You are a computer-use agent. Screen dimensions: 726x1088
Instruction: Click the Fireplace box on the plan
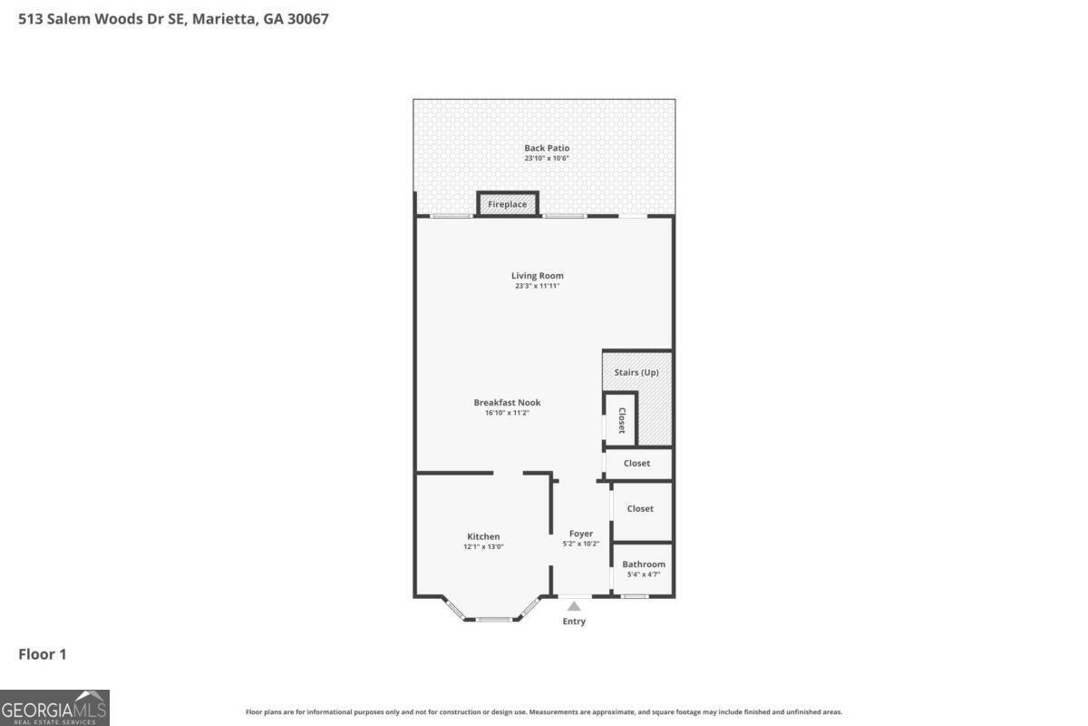[x=508, y=204]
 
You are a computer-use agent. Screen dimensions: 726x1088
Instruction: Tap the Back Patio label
[x=547, y=148]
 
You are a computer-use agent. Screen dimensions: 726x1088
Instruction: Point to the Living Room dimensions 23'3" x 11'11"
[x=538, y=286]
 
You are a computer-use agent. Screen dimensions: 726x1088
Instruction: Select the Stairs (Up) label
[x=636, y=373]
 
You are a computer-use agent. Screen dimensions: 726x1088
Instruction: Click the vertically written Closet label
[x=622, y=419]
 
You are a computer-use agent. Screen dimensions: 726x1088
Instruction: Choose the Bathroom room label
[x=643, y=564]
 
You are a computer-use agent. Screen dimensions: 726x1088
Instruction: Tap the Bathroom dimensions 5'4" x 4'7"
[x=641, y=574]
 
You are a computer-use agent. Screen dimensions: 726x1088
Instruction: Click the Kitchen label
[x=483, y=536]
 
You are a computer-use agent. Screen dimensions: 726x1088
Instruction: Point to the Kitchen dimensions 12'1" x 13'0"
[x=483, y=546]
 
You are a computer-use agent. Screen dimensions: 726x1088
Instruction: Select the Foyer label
[x=580, y=534]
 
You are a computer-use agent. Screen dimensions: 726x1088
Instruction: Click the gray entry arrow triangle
[x=574, y=606]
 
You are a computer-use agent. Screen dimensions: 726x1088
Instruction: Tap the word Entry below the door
[x=574, y=622]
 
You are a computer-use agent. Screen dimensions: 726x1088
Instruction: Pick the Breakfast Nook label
[x=507, y=402]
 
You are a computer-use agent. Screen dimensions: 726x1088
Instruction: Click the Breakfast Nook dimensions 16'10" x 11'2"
[x=507, y=413]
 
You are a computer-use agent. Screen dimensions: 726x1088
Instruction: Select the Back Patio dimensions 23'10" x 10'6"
[x=547, y=158]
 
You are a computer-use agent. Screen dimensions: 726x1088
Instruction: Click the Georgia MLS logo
[x=54, y=707]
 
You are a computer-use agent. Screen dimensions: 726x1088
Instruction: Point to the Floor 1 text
[x=43, y=653]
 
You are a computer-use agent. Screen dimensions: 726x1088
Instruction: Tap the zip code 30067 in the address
[x=308, y=17]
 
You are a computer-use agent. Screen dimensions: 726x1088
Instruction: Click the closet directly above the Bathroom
[x=641, y=509]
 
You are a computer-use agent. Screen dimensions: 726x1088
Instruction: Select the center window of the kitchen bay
[x=494, y=620]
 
